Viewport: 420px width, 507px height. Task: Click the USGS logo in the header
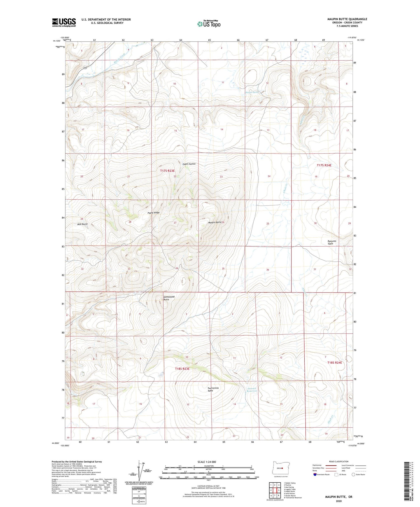point(64,22)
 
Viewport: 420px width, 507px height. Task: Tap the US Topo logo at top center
point(209,24)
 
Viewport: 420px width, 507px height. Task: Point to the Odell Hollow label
point(189,164)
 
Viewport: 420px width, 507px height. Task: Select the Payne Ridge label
point(153,213)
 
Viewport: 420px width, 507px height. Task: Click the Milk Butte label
point(82,224)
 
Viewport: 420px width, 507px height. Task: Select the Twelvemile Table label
point(213,389)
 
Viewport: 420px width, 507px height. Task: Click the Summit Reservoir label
point(252,390)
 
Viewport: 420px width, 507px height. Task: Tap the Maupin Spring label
point(252,92)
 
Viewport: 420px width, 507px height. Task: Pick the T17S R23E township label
point(167,171)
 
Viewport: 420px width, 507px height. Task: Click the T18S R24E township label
point(335,362)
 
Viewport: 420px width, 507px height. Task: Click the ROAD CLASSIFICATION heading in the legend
point(339,462)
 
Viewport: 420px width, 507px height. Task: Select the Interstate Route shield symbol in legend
point(315,475)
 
